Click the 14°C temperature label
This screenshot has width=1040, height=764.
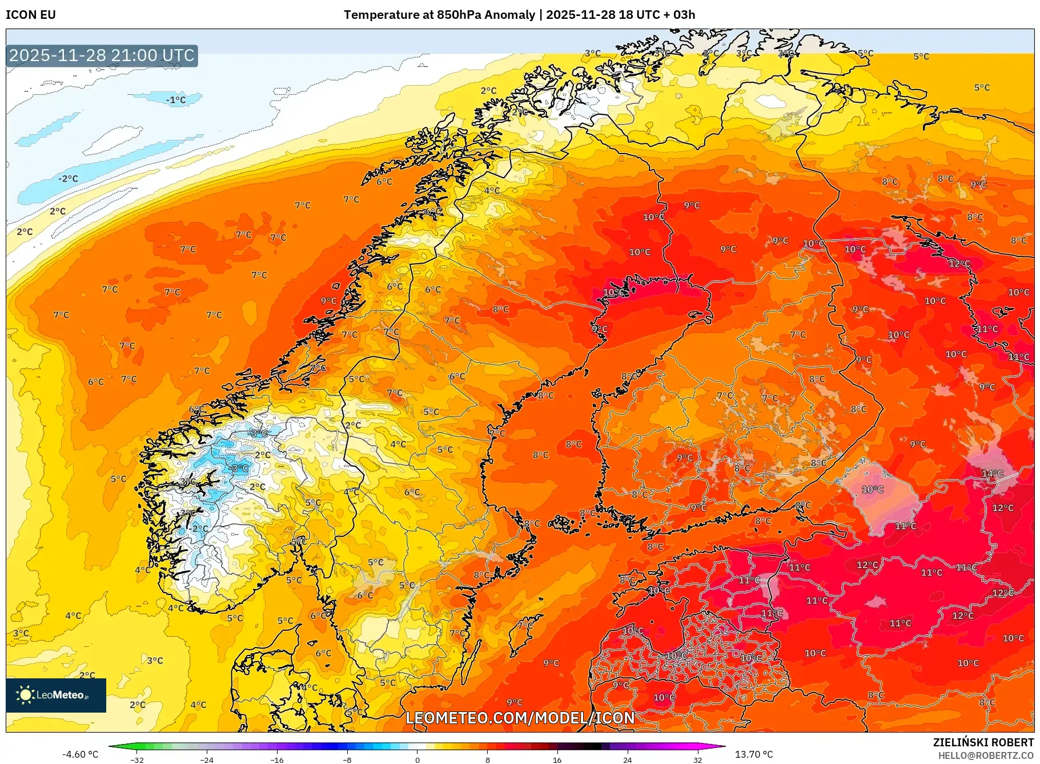[992, 473]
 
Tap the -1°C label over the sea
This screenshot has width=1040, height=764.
[175, 100]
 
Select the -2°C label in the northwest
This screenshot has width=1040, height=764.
[68, 179]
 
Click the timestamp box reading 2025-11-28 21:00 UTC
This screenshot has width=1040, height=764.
[102, 55]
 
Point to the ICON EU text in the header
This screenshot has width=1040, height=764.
[31, 15]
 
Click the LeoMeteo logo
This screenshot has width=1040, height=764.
[56, 695]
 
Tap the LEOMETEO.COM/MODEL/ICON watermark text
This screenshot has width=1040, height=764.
[520, 718]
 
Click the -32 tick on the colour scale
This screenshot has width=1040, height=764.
[137, 759]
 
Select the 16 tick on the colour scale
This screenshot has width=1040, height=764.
[557, 759]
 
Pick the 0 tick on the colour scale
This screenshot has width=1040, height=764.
[417, 759]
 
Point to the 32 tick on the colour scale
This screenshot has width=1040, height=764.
[697, 759]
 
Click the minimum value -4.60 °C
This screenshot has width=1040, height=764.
[80, 754]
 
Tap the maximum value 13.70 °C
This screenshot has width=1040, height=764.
[753, 754]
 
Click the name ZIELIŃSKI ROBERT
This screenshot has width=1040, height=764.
[983, 742]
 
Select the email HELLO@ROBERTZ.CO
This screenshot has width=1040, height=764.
[985, 755]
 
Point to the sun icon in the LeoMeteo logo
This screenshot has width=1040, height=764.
[25, 695]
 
